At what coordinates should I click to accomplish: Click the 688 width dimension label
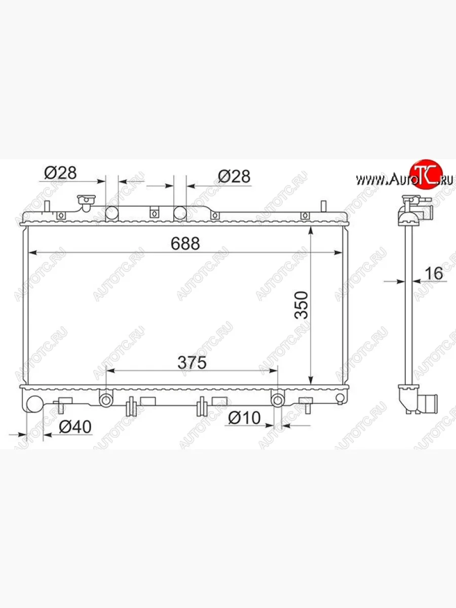point(185,244)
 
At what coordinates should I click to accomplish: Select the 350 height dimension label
point(301,305)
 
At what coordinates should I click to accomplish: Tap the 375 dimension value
point(192,363)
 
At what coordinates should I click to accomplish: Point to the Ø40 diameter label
point(75,427)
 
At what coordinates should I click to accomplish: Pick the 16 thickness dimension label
point(434,274)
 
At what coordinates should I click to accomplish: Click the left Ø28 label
point(60,173)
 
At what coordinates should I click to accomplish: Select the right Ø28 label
point(234,176)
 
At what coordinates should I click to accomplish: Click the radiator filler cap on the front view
point(86,203)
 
